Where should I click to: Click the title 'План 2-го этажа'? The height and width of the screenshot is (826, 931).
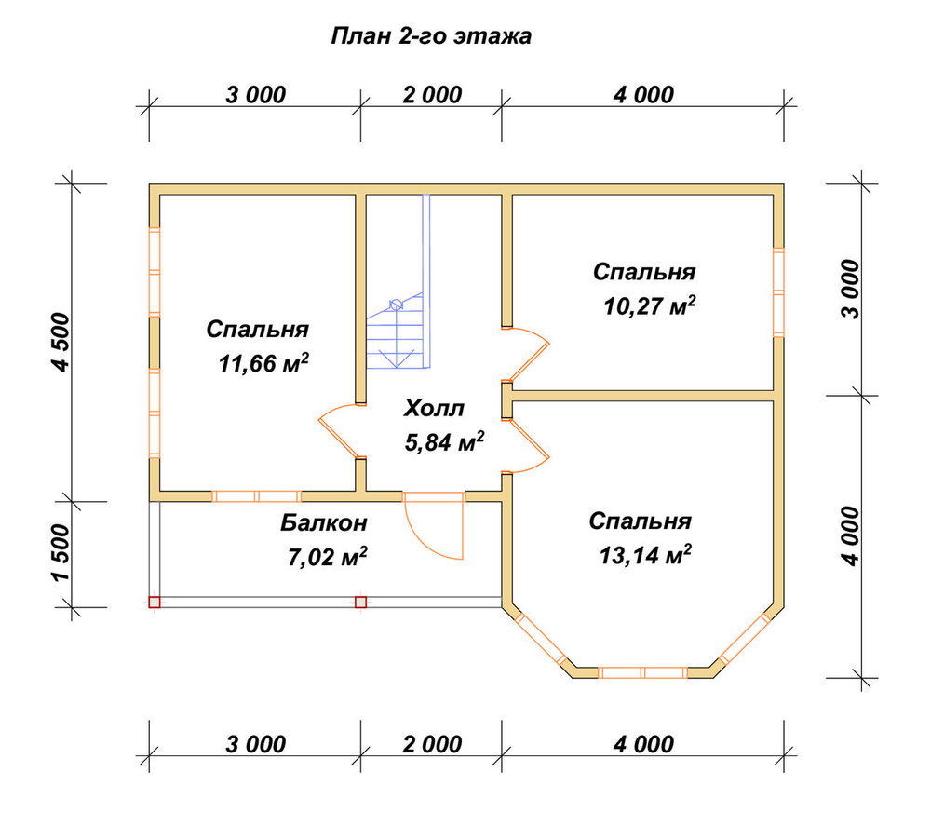(x=430, y=36)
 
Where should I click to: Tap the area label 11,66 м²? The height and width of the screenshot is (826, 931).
(x=263, y=363)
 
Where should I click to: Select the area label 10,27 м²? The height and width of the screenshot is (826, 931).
(x=650, y=305)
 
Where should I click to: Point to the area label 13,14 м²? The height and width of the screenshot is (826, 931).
(x=645, y=555)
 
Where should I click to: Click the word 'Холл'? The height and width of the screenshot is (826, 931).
(x=434, y=409)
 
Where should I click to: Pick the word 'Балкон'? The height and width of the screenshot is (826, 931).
(x=324, y=523)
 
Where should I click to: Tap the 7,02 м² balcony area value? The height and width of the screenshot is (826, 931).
(x=327, y=557)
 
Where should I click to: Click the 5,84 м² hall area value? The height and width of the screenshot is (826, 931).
(x=444, y=441)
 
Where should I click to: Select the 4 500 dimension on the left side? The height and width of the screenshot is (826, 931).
(x=61, y=343)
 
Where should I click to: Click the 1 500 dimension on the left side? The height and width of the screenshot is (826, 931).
(x=61, y=553)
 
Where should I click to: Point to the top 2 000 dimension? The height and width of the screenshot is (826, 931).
(x=432, y=95)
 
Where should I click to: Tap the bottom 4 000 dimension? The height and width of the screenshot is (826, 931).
(x=643, y=744)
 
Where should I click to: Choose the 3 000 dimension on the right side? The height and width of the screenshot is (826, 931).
(x=850, y=290)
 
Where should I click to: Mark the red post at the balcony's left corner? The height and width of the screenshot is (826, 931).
(x=155, y=603)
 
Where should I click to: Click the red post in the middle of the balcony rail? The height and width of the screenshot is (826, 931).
(x=360, y=603)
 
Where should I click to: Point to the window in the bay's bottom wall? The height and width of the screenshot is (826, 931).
(x=643, y=672)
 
